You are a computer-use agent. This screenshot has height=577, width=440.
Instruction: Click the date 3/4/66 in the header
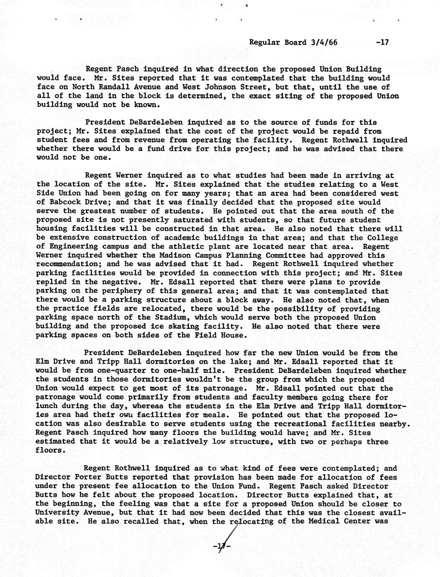tap(325, 42)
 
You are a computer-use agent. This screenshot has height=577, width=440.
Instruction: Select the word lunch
tap(47, 406)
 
